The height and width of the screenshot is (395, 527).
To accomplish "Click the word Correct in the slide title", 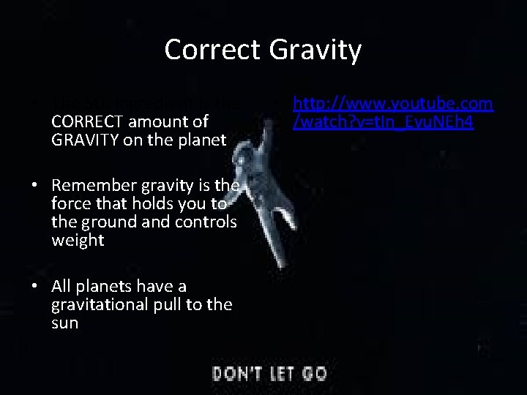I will click(213, 50).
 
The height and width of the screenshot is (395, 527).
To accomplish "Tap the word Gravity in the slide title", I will click(315, 50).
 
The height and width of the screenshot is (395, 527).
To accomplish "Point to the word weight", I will click(78, 241).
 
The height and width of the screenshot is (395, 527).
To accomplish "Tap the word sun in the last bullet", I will click(65, 323).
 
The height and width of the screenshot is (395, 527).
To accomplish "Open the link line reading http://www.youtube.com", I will click(394, 104).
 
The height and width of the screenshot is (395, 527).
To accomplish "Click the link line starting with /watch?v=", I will click(382, 122).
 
